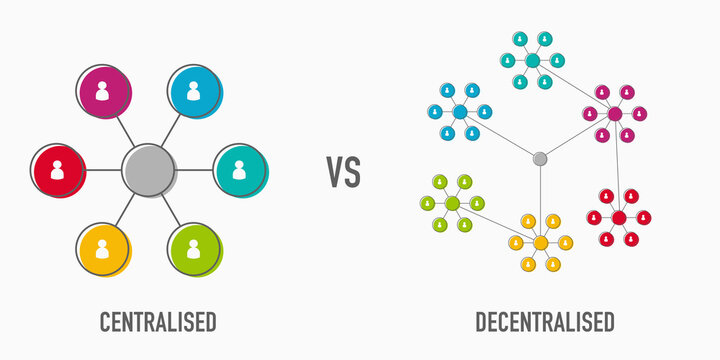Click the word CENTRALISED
click(x=158, y=322)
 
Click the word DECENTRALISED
click(x=545, y=322)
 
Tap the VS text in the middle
click(x=343, y=172)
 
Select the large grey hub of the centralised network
click(x=148, y=169)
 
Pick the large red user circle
click(x=57, y=169)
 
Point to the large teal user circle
click(x=239, y=169)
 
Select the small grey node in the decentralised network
click(x=540, y=158)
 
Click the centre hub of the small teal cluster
click(x=533, y=61)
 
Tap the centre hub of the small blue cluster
click(x=460, y=112)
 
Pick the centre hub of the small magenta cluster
click(x=615, y=114)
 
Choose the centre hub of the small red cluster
click(x=619, y=217)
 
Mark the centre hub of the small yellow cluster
click(x=541, y=243)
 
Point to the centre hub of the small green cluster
click(x=452, y=203)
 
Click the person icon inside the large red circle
click(x=57, y=169)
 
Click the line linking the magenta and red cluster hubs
click(x=617, y=165)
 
